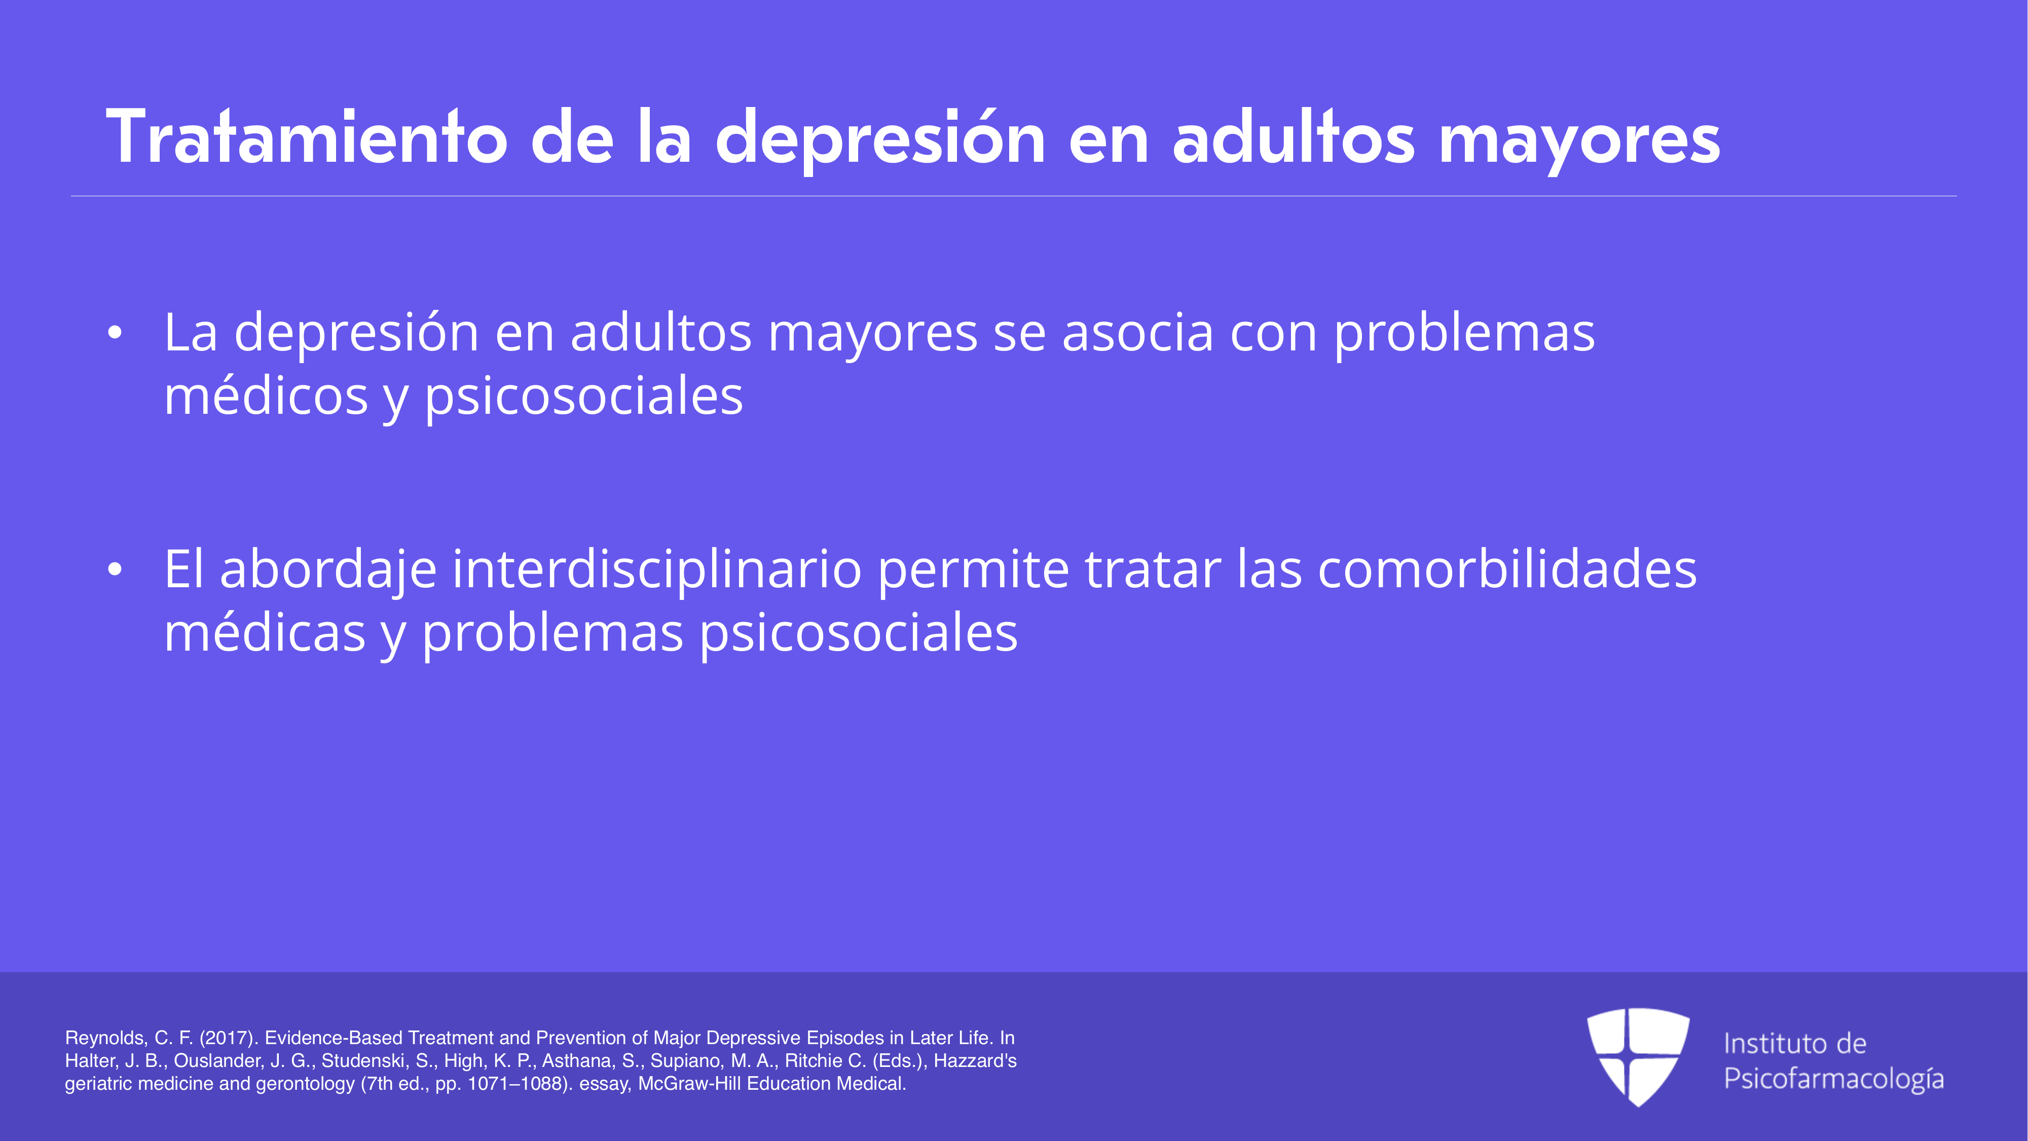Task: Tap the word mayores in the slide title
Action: tap(1579, 142)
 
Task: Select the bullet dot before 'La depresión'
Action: tap(115, 333)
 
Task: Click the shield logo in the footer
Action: tap(1638, 1057)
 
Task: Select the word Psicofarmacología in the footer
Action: tap(1833, 1079)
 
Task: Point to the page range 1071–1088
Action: tap(515, 1084)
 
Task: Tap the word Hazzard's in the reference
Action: tap(975, 1061)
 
